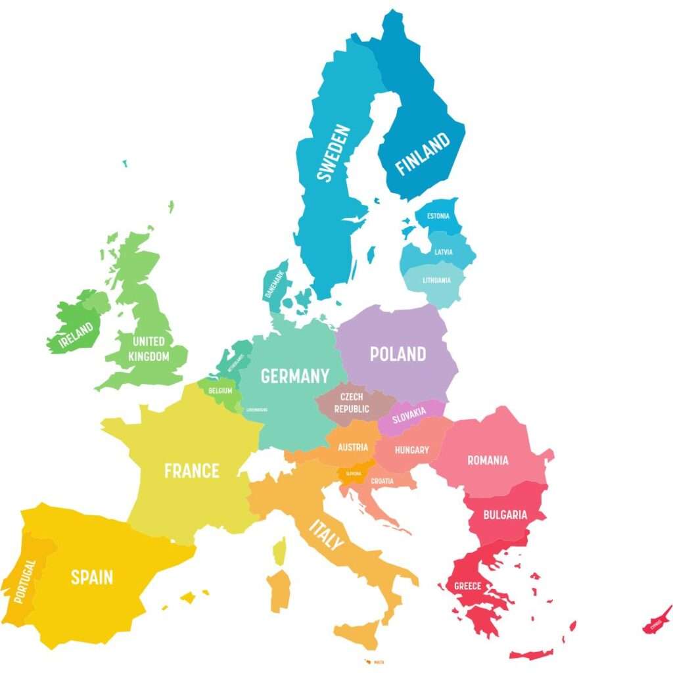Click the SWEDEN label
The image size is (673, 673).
tap(333, 152)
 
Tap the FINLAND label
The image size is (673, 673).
tap(423, 153)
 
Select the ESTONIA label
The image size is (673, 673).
tap(438, 216)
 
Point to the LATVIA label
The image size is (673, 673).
tap(444, 252)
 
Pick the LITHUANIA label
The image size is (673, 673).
tap(437, 281)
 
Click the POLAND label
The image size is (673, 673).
tap(398, 354)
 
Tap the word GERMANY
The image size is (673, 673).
tap(295, 376)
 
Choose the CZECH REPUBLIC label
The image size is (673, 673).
tap(352, 403)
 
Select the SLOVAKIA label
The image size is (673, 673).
tap(409, 414)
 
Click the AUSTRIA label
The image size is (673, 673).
tap(353, 448)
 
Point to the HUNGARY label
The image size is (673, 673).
tap(411, 450)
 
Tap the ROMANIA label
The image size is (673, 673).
tap(488, 460)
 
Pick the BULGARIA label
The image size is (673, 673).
tap(505, 515)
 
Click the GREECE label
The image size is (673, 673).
tap(468, 586)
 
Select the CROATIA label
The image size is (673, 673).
tap(383, 481)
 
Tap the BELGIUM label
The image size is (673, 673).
tap(220, 390)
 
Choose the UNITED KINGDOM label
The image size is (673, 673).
tap(149, 349)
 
